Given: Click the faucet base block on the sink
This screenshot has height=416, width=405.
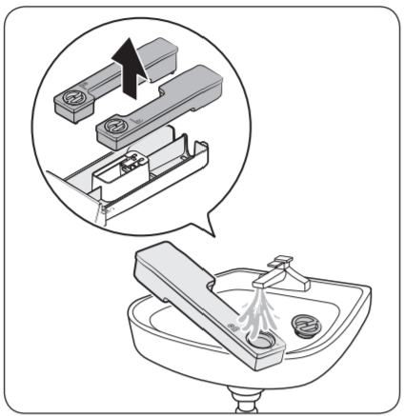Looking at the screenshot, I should [301, 279].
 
